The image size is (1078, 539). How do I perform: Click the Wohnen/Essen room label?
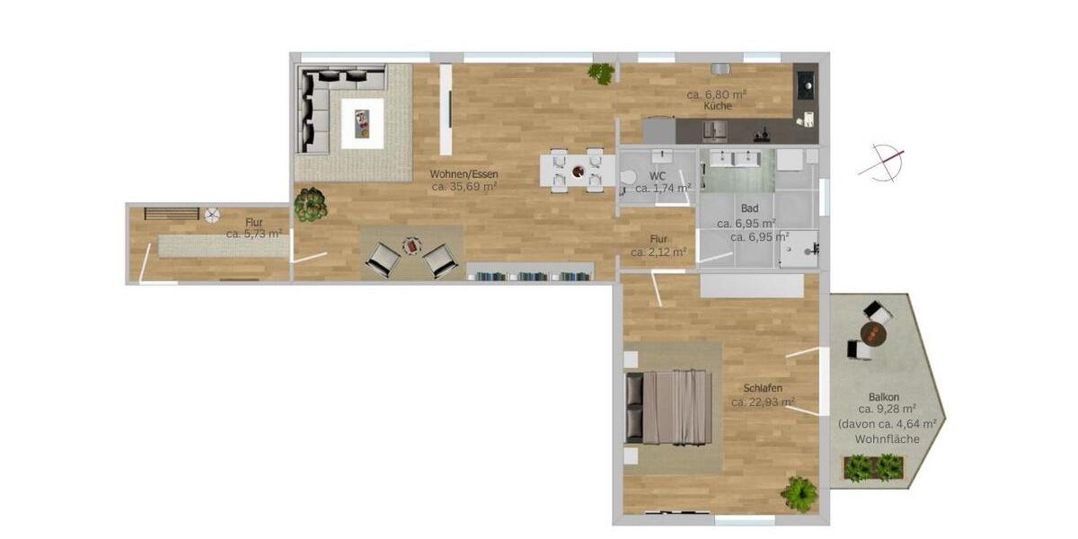[464, 174]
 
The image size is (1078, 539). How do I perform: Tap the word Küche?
[718, 106]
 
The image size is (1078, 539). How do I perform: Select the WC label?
[658, 176]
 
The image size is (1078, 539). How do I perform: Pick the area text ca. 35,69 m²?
[464, 187]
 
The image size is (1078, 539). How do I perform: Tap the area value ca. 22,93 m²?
[763, 402]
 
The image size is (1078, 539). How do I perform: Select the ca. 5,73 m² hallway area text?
[254, 234]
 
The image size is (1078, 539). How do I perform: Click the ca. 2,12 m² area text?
[659, 252]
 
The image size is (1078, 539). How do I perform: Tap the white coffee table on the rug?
[362, 123]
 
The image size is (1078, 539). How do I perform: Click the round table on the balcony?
[872, 334]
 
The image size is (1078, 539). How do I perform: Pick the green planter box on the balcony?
[872, 467]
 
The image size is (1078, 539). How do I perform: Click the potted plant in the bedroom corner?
[799, 493]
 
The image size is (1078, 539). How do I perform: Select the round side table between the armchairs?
[411, 244]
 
